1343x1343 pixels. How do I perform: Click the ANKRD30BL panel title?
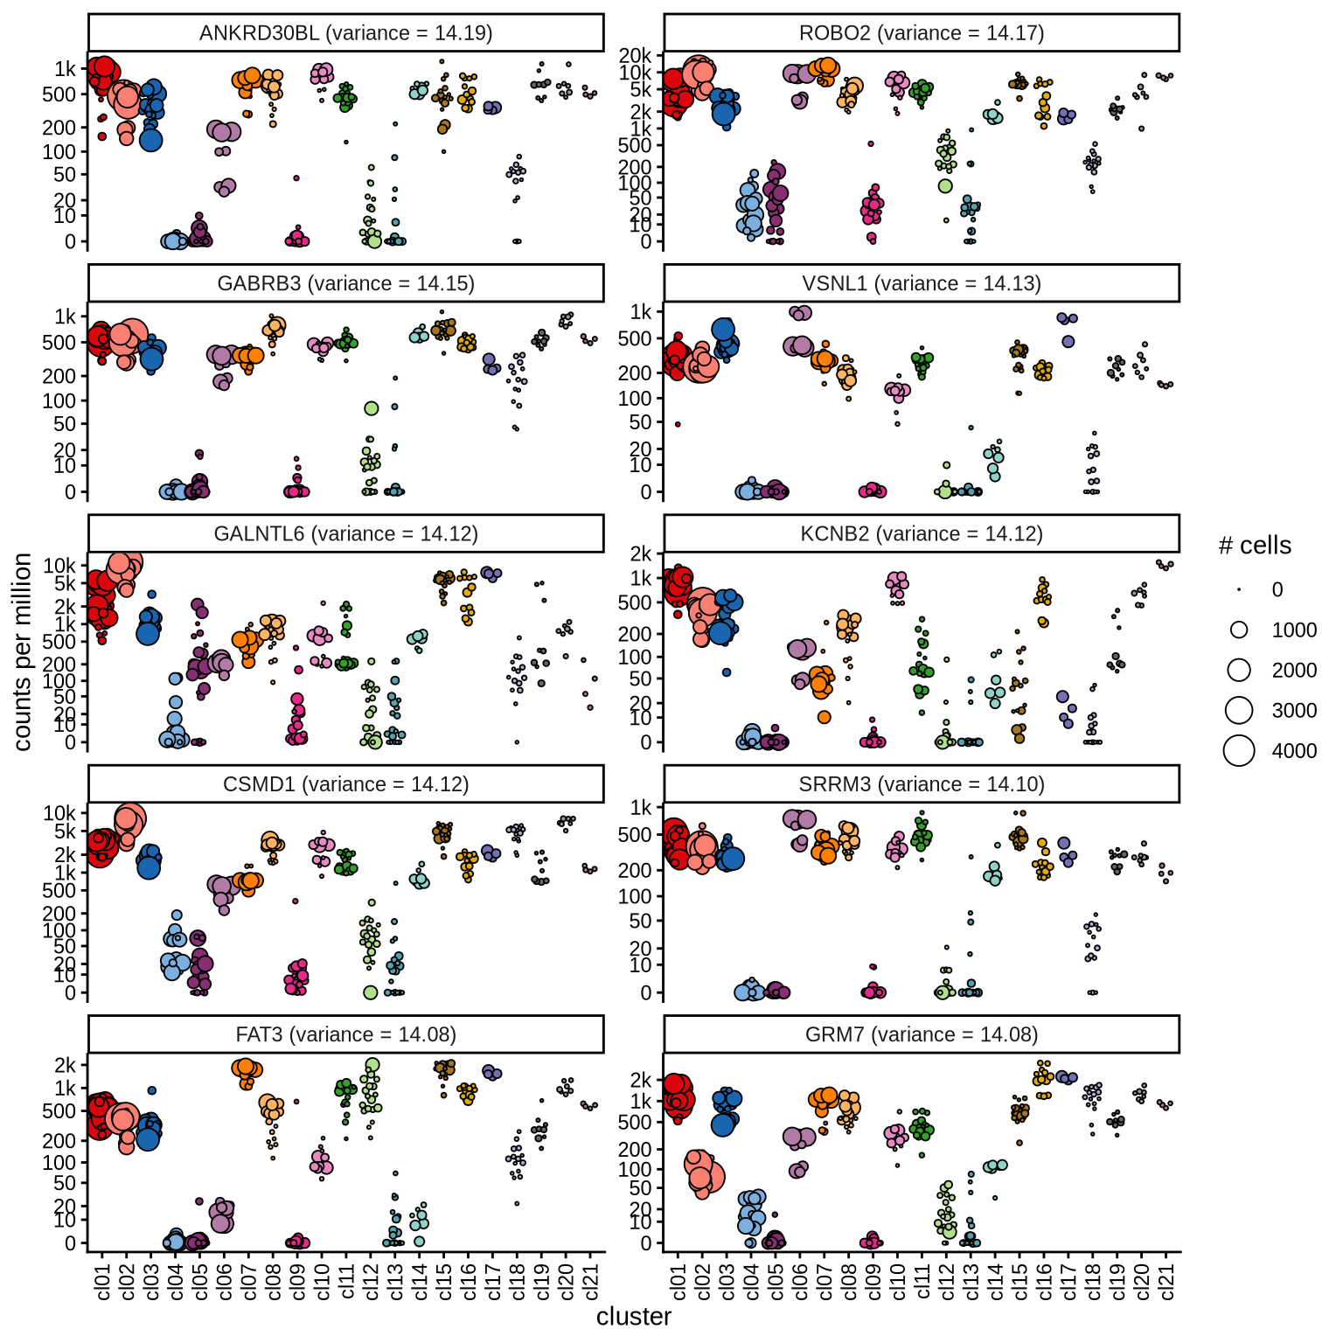click(345, 33)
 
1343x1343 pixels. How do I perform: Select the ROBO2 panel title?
click(921, 33)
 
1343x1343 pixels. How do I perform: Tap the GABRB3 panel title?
click(345, 283)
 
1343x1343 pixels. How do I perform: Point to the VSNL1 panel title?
click(921, 283)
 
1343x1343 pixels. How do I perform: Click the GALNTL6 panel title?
click(345, 533)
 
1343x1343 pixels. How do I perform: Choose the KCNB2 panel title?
click(921, 533)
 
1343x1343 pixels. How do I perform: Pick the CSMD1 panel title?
click(345, 784)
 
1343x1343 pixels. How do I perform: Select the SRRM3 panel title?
click(921, 784)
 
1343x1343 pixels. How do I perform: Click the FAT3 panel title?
click(345, 1034)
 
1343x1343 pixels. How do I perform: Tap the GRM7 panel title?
click(921, 1034)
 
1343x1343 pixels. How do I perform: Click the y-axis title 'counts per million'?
click(23, 651)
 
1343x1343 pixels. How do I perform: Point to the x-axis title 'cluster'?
click(634, 1317)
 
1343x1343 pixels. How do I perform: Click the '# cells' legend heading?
click(1254, 546)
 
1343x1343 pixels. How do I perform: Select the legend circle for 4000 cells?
click(1239, 750)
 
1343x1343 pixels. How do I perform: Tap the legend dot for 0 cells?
click(1239, 590)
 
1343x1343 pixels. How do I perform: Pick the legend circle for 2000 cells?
click(1239, 670)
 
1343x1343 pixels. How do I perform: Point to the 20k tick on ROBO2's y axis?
click(635, 56)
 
